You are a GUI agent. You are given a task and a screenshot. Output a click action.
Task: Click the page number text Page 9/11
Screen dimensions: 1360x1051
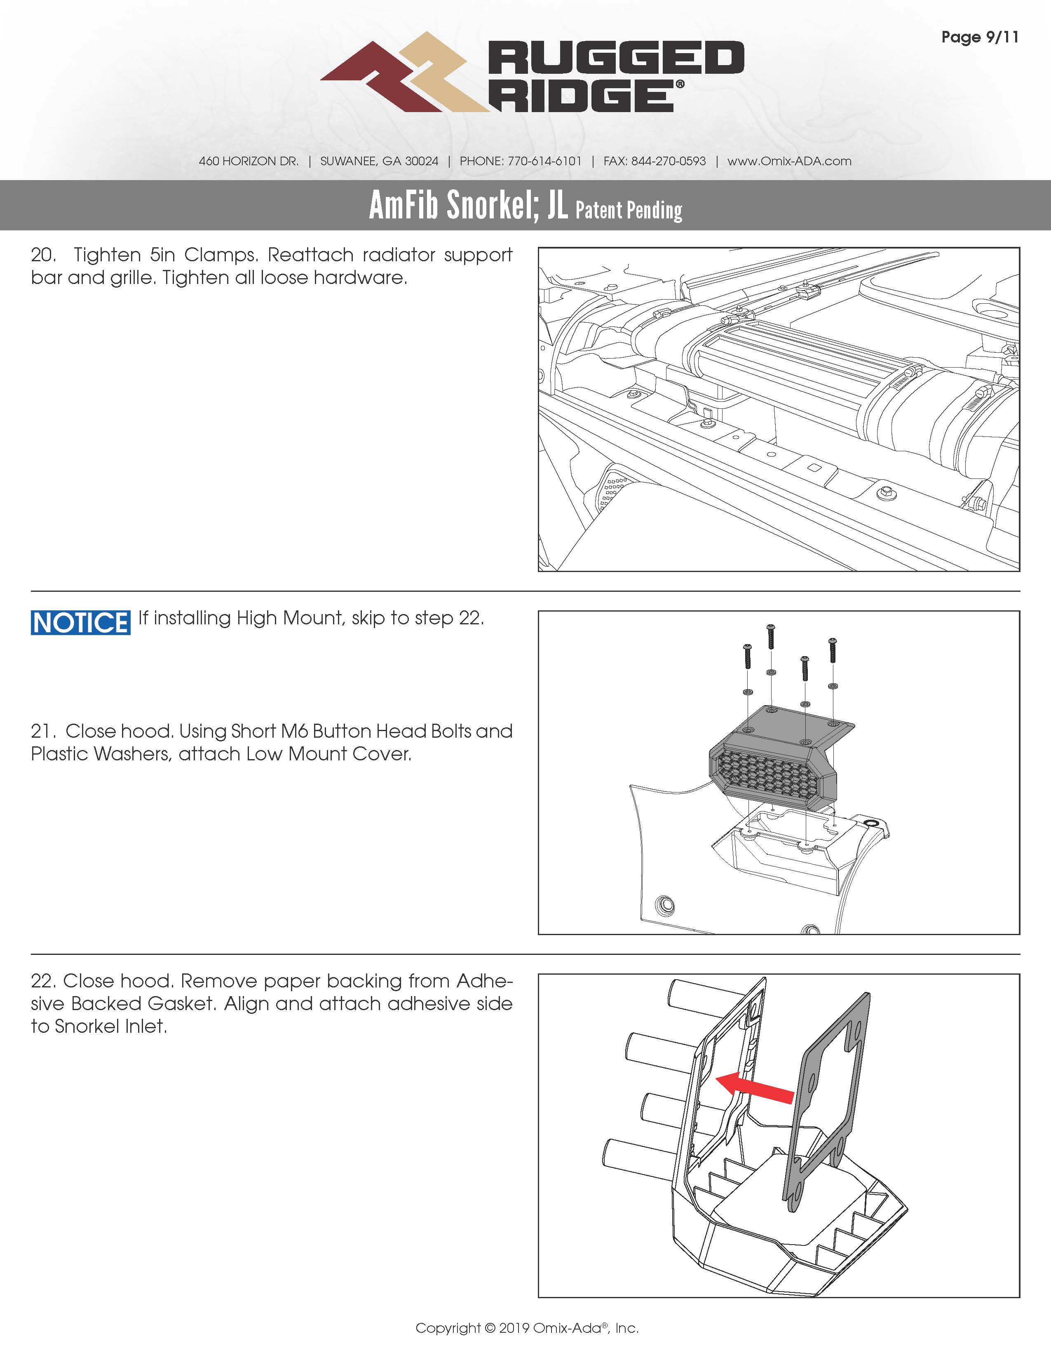(979, 38)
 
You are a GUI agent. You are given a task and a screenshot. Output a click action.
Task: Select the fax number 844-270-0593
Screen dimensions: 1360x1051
(668, 161)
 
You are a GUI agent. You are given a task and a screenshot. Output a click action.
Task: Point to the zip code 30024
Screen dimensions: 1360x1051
(422, 161)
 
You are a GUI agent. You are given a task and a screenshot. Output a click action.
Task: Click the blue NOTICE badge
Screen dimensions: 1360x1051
(80, 623)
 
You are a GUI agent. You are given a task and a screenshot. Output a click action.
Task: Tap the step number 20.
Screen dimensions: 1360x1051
(42, 256)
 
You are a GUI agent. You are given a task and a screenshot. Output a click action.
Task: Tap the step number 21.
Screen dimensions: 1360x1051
(42, 731)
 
